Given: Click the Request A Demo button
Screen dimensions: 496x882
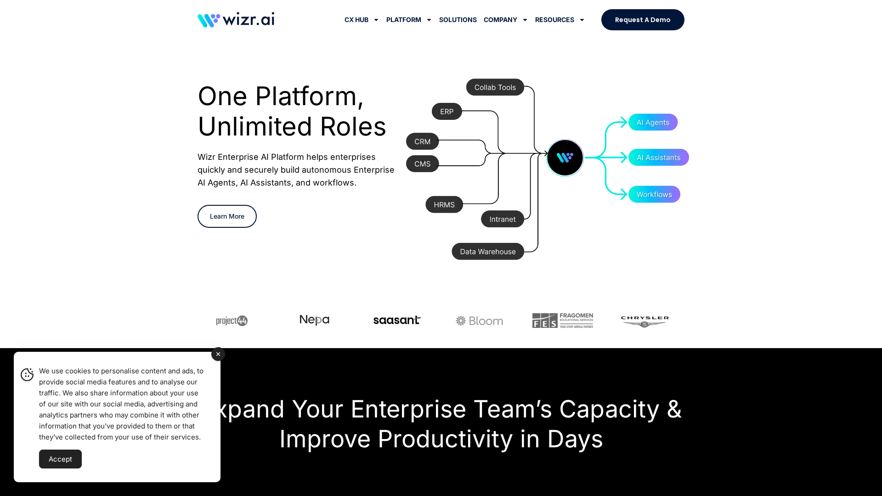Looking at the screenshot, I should pyautogui.click(x=642, y=20).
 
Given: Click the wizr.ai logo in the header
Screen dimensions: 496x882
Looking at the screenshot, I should pyautogui.click(x=236, y=20).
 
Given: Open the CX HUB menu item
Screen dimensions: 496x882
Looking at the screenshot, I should pyautogui.click(x=361, y=20).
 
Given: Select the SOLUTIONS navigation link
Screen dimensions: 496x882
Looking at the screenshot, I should pyautogui.click(x=458, y=20).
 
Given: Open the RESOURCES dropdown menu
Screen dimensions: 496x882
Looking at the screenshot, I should pyautogui.click(x=559, y=20).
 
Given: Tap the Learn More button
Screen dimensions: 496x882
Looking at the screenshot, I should pyautogui.click(x=227, y=216).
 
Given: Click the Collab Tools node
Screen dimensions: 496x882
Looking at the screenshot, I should pyautogui.click(x=495, y=87).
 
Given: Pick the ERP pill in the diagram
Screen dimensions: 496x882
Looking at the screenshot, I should pyautogui.click(x=447, y=112).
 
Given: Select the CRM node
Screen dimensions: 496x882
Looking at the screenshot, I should pyautogui.click(x=422, y=141).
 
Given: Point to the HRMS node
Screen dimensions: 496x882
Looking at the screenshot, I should pyautogui.click(x=444, y=205).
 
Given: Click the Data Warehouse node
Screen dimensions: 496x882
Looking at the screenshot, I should pyautogui.click(x=487, y=252).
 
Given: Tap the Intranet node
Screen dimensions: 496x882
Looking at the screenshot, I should pyautogui.click(x=502, y=219).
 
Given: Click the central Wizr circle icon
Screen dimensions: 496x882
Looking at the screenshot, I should pyautogui.click(x=565, y=158).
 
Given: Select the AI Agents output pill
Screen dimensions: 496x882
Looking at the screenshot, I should pyautogui.click(x=652, y=122).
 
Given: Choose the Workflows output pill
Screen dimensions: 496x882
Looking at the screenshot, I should pyautogui.click(x=654, y=194).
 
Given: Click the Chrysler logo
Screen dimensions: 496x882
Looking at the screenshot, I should pyautogui.click(x=645, y=321).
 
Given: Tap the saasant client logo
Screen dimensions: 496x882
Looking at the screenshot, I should pyautogui.click(x=397, y=320).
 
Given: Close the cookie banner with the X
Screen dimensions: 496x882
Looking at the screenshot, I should pyautogui.click(x=218, y=354).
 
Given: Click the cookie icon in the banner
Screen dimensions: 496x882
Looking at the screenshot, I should pyautogui.click(x=27, y=375).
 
